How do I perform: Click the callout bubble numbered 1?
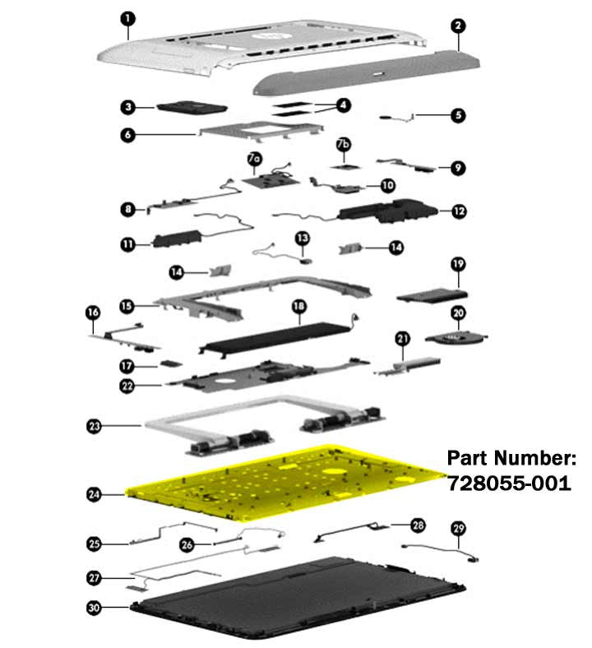point(128,19)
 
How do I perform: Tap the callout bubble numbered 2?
point(458,25)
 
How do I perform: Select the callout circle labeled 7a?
point(255,158)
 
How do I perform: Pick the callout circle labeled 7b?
point(344,144)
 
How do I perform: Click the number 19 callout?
point(458,264)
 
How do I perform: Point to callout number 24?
point(94,494)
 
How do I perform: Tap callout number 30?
point(95,608)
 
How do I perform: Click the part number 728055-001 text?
point(510,484)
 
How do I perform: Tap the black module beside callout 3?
point(192,107)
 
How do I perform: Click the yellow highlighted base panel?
point(285,481)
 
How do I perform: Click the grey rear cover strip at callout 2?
point(366,72)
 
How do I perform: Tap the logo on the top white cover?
point(269,37)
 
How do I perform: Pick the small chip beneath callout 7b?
point(345,167)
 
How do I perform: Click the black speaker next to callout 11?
point(178,239)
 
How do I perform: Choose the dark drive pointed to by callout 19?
point(432,296)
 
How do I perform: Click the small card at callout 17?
point(171,363)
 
